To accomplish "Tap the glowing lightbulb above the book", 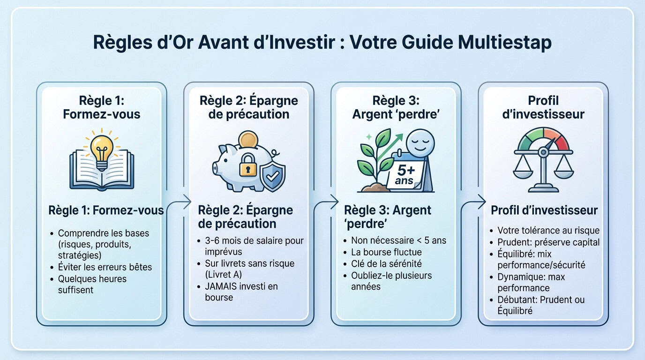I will click(101, 149).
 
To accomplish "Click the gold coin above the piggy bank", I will click(248, 141).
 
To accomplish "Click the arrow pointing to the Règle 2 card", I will click(180, 202).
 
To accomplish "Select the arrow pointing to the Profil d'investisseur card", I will click(474, 202).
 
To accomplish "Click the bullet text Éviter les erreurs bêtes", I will click(105, 267).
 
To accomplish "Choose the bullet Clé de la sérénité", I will click(386, 264).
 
